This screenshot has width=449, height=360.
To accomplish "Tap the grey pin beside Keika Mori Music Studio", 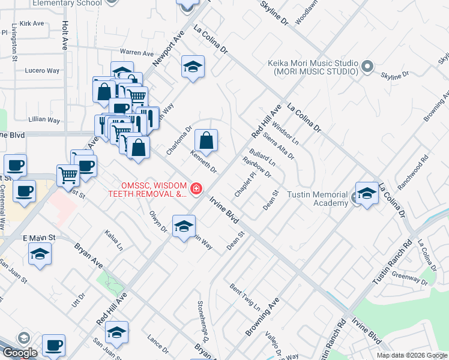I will tap(367, 67).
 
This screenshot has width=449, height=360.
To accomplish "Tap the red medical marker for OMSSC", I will tap(195, 189).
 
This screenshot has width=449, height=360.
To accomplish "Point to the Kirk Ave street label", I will tap(32, 24).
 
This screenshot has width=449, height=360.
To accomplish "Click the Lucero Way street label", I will tap(42, 71).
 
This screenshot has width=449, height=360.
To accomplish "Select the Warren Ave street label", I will tap(137, 53).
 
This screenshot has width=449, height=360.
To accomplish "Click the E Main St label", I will tap(39, 238).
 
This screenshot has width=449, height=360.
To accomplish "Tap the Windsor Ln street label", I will tap(286, 135).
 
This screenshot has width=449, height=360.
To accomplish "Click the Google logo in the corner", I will tap(19, 353).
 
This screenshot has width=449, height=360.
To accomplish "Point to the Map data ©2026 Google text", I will tap(411, 355).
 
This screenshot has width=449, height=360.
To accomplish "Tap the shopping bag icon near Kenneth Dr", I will tap(206, 141).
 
